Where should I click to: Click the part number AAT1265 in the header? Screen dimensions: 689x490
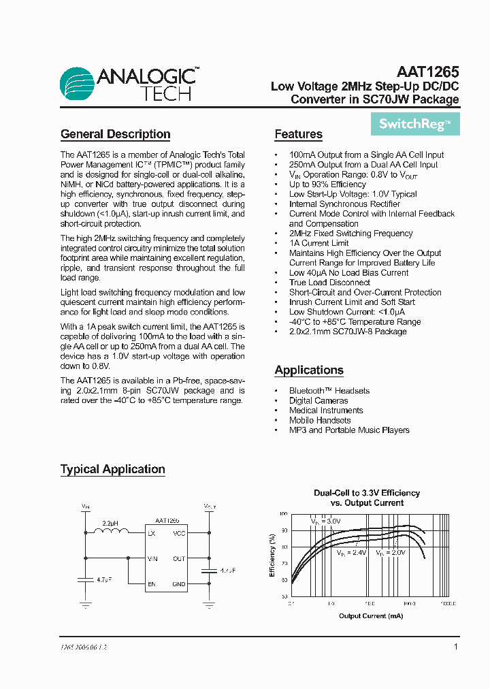pyautogui.click(x=427, y=71)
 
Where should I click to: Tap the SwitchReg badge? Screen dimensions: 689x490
pyautogui.click(x=414, y=124)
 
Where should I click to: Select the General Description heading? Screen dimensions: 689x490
pyautogui.click(x=115, y=134)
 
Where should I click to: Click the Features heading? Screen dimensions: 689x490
pyautogui.click(x=298, y=134)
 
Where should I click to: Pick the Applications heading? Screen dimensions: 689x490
pyautogui.click(x=308, y=370)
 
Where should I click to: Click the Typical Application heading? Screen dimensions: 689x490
pyautogui.click(x=112, y=469)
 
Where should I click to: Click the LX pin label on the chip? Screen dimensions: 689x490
pyautogui.click(x=151, y=533)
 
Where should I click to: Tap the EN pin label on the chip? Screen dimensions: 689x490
pyautogui.click(x=151, y=583)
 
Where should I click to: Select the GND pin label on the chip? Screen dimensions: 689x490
pyautogui.click(x=179, y=583)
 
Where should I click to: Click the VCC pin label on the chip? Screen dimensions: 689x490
pyautogui.click(x=179, y=533)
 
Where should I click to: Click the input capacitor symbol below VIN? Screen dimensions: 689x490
pyautogui.click(x=85, y=580)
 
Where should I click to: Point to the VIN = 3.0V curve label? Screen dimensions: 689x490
pyautogui.click(x=325, y=521)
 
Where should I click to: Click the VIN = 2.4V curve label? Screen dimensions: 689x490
pyautogui.click(x=350, y=554)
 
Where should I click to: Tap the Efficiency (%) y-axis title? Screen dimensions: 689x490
pyautogui.click(x=272, y=555)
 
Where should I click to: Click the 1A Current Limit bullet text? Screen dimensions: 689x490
pyautogui.click(x=318, y=243)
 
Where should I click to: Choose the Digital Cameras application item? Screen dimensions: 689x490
pyautogui.click(x=318, y=400)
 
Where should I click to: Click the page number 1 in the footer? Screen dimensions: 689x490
pyautogui.click(x=455, y=647)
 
